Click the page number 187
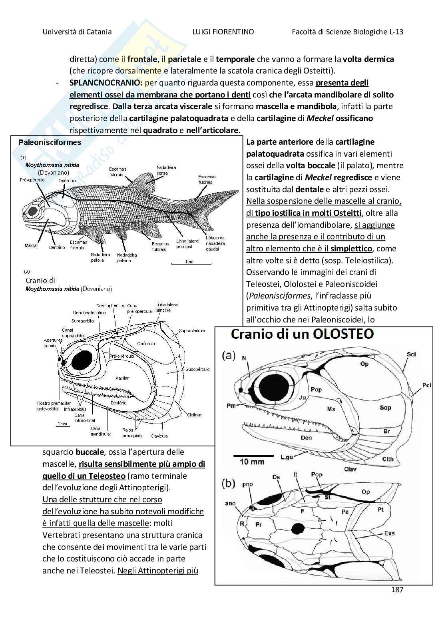397,589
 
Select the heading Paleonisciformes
50,143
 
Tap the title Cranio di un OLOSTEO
302,334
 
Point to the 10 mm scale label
252,462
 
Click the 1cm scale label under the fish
189,262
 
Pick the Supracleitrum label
192,330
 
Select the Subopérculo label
197,369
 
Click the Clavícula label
159,436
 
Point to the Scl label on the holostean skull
411,354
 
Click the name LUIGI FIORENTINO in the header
223,32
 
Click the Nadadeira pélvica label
127,258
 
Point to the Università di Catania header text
77,32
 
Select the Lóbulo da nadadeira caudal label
215,243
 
